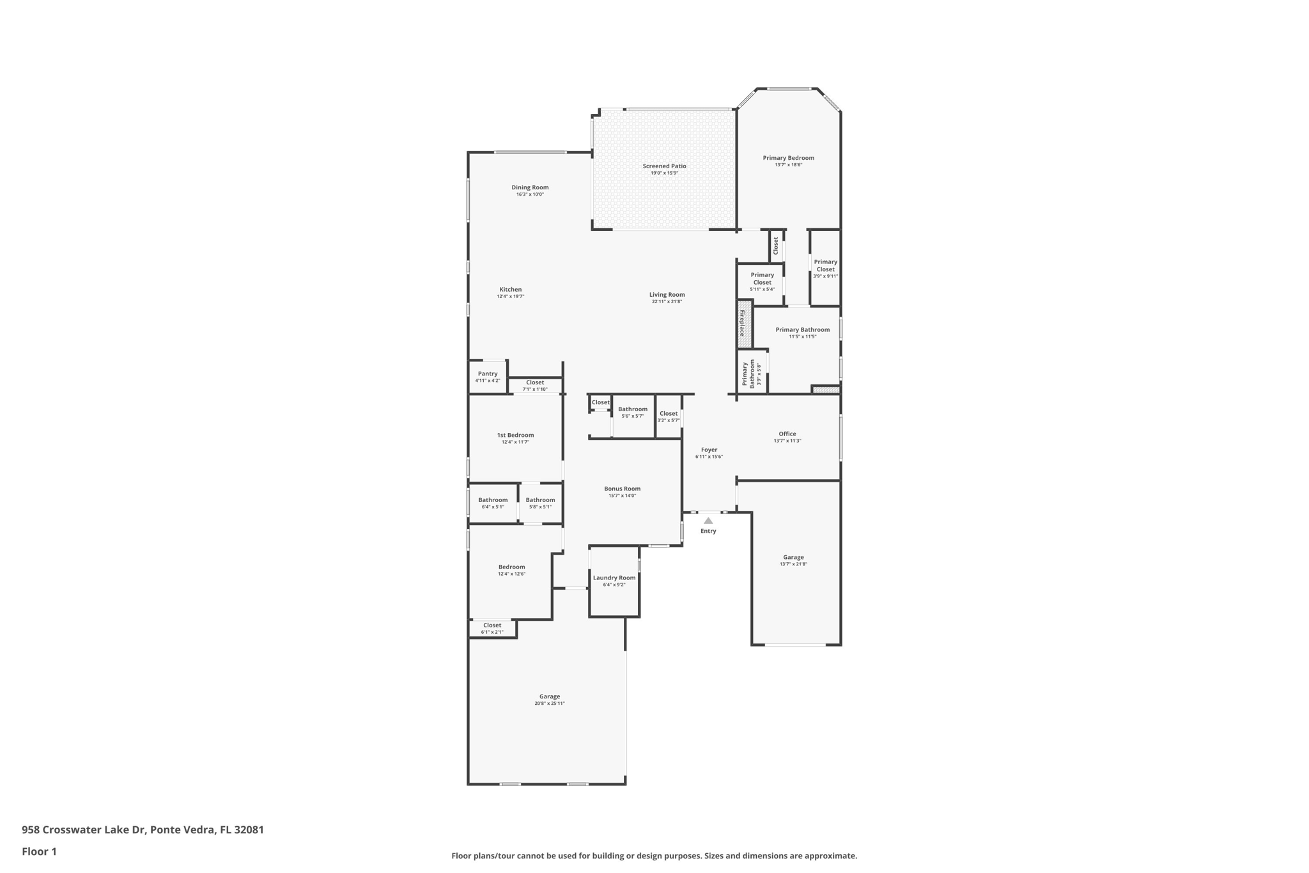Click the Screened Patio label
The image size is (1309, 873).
tap(664, 166)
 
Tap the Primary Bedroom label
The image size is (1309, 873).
tap(788, 158)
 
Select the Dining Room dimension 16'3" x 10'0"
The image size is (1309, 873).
tap(530, 194)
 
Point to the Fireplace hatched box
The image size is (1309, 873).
tap(744, 324)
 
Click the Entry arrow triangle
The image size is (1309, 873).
tap(708, 521)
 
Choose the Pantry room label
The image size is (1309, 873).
tap(488, 374)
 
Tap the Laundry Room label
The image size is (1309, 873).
tap(614, 578)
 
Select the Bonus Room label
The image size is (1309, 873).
tap(622, 489)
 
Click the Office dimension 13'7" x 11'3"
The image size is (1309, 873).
tap(787, 441)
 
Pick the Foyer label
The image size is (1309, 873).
tap(709, 450)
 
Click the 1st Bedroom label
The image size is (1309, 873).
tap(515, 435)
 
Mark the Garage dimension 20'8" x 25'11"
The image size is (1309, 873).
tap(550, 704)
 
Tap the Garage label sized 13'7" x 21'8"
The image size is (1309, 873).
tap(793, 557)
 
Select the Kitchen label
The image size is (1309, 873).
tap(511, 289)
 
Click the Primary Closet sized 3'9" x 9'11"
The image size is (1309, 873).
tap(825, 265)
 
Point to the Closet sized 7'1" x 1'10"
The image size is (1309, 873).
tap(535, 382)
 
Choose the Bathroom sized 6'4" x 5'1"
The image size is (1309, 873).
tap(493, 500)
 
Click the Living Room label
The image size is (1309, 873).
tap(667, 295)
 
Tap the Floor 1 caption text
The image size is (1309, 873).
tap(39, 851)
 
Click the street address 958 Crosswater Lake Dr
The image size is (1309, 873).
tap(84, 830)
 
